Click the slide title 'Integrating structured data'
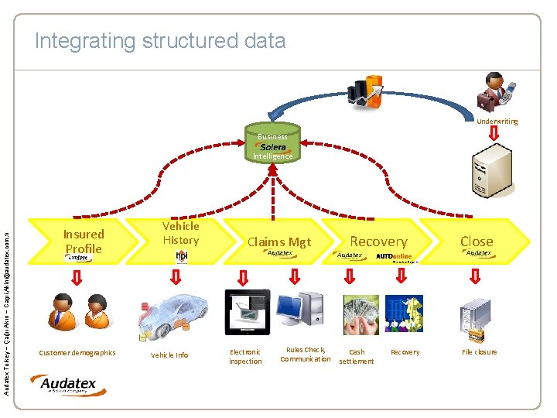point(160,40)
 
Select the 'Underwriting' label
point(497,122)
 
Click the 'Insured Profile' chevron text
point(84,241)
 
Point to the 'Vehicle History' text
point(180,233)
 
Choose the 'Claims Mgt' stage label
point(278,242)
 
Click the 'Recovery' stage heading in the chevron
point(378,242)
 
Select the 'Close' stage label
point(477,241)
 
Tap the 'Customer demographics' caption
point(77,353)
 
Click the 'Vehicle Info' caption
point(169,355)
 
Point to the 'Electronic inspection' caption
point(245,357)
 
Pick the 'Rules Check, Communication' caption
point(306,355)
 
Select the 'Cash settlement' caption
point(356,357)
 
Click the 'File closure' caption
point(480,352)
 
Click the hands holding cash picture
point(361,314)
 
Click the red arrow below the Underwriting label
point(494,135)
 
